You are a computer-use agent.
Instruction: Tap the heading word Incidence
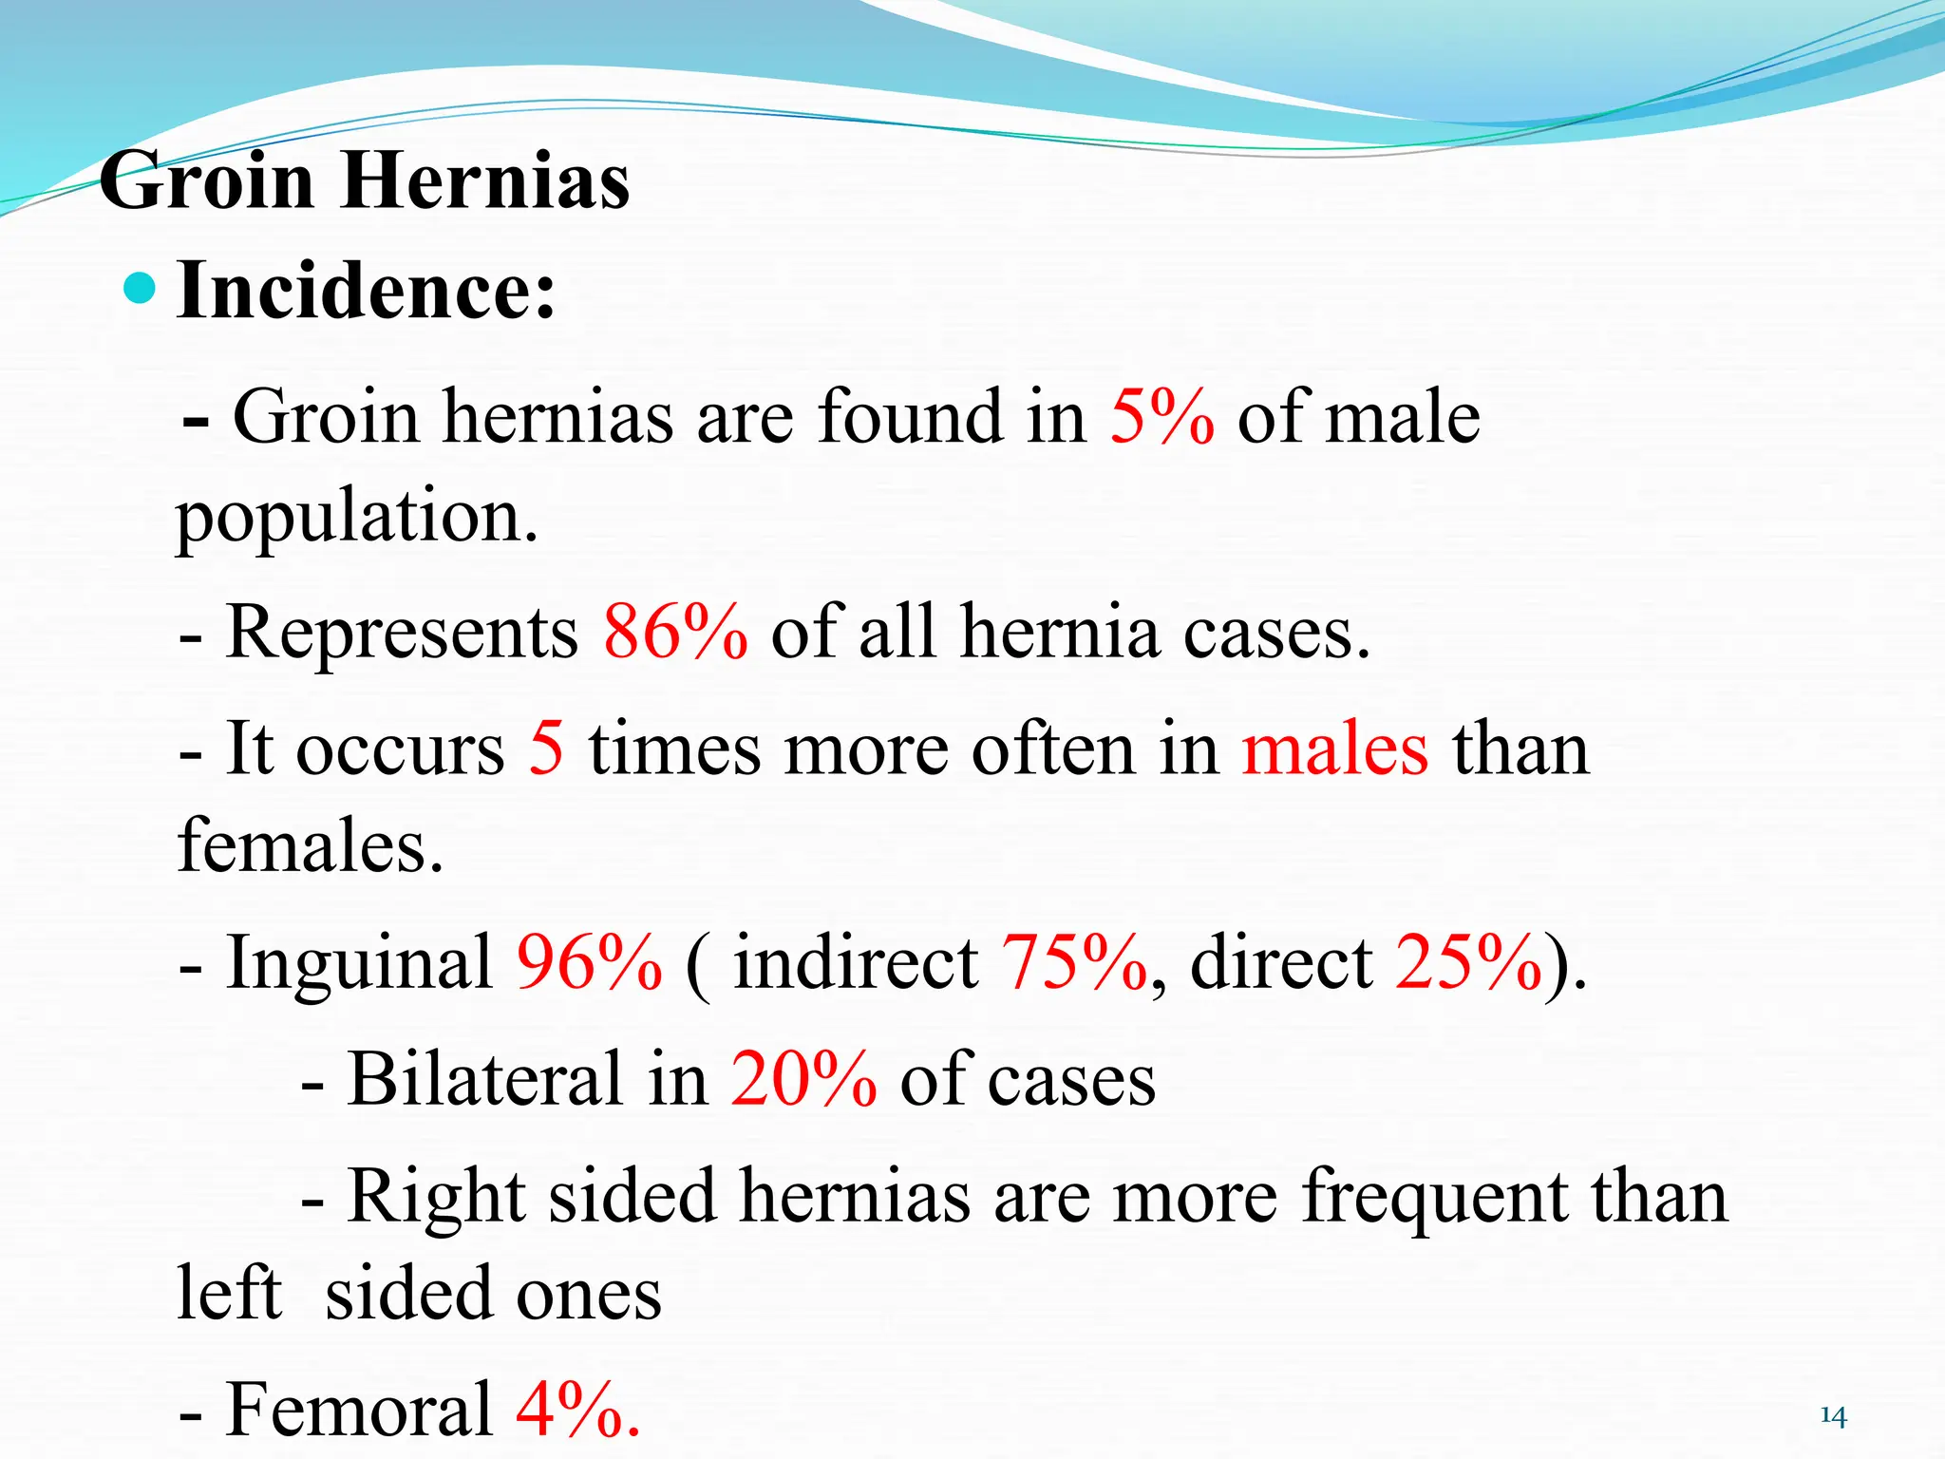pyautogui.click(x=365, y=291)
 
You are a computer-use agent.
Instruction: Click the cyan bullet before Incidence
pyautogui.click(x=140, y=289)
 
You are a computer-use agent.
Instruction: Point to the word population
pyautogui.click(x=357, y=519)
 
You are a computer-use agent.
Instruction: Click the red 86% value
pyautogui.click(x=675, y=632)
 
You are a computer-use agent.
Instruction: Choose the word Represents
pyautogui.click(x=402, y=632)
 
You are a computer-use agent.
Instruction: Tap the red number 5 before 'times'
pyautogui.click(x=546, y=748)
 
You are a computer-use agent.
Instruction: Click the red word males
pyautogui.click(x=1334, y=748)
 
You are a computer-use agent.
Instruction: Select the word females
pyautogui.click(x=311, y=844)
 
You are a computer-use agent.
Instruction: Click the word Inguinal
pyautogui.click(x=360, y=963)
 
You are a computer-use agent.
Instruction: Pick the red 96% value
pyautogui.click(x=589, y=961)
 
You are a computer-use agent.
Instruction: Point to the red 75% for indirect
pyautogui.click(x=1074, y=961)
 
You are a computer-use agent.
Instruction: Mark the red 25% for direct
pyautogui.click(x=1468, y=961)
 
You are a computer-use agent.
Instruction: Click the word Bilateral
pyautogui.click(x=485, y=1079)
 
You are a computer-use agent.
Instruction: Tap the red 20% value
pyautogui.click(x=803, y=1079)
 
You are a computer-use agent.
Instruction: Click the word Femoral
pyautogui.click(x=360, y=1408)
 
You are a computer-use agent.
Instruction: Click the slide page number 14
pyautogui.click(x=1833, y=1416)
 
